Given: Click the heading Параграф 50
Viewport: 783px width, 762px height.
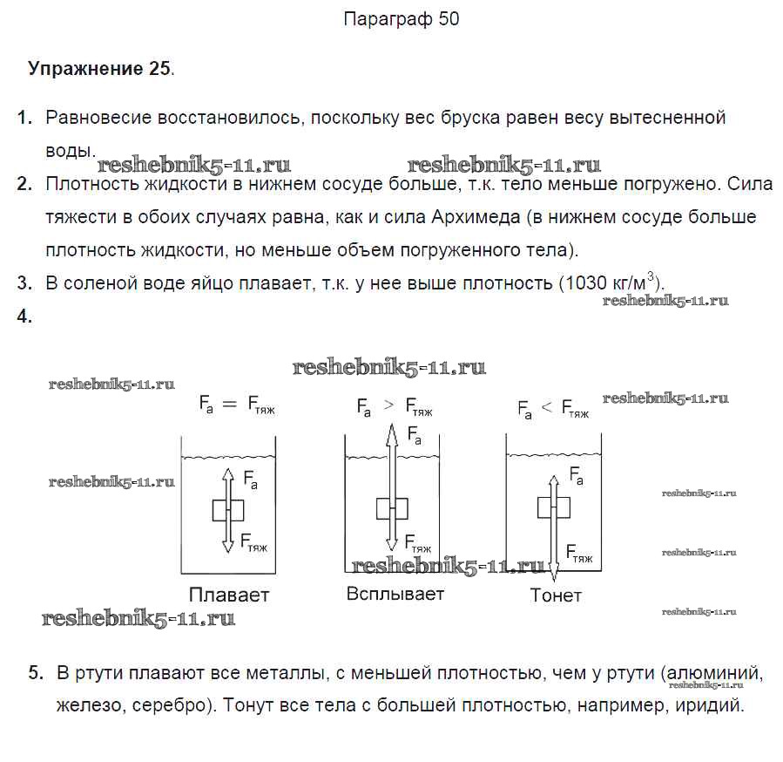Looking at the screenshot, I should (x=402, y=19).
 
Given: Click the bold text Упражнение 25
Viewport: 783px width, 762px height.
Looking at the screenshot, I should (x=99, y=69).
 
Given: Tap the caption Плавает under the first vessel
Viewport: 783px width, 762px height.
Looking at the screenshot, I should (x=229, y=595).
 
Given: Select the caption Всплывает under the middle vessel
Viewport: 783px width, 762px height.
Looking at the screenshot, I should (x=395, y=594).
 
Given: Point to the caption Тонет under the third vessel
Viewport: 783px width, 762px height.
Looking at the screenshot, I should (x=555, y=596).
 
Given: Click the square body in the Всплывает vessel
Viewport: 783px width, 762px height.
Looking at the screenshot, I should (x=393, y=508).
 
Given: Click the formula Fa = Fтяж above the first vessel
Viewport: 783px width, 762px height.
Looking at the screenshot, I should (x=236, y=404).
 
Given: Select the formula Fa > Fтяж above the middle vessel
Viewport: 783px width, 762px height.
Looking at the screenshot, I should (x=394, y=406).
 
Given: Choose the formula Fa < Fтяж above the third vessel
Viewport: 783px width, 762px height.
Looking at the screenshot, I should (x=554, y=407).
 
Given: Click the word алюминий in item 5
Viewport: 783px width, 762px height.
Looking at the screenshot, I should (x=718, y=673).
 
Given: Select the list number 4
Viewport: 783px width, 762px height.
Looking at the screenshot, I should (x=24, y=317).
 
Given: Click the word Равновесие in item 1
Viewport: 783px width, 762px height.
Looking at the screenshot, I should (x=98, y=118).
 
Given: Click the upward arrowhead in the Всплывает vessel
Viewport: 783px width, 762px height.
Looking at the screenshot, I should (x=393, y=430).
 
